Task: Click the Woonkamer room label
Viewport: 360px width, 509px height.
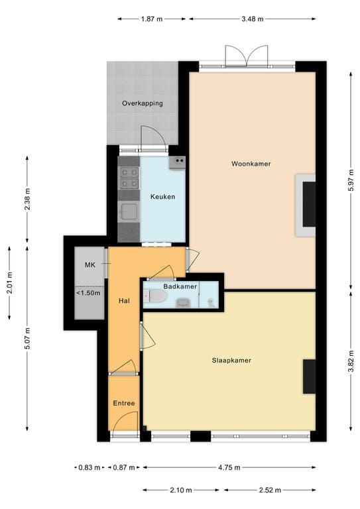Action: coord(251,164)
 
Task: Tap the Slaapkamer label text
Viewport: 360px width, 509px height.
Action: coord(231,360)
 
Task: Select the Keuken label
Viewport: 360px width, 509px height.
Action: coord(162,197)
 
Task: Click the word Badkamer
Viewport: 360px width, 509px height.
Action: coord(181,286)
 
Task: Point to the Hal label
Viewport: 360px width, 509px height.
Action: coord(123,300)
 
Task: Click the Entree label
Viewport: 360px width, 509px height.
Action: coord(123,403)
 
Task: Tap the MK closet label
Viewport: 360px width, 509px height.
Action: coord(90,265)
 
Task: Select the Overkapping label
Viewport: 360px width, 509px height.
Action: coord(142,103)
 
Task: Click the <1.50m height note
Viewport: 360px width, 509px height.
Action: coord(88,292)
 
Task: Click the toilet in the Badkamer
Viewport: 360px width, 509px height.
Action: coord(155,296)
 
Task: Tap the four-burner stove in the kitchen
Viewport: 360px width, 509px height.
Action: coord(129,178)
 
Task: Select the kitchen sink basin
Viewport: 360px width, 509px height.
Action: coord(129,212)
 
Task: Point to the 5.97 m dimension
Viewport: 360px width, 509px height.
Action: coord(349,178)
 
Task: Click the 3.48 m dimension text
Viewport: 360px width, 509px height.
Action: coord(251,19)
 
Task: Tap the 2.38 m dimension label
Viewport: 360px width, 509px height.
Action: coord(27,199)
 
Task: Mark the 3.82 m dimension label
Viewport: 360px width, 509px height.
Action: coord(349,365)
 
